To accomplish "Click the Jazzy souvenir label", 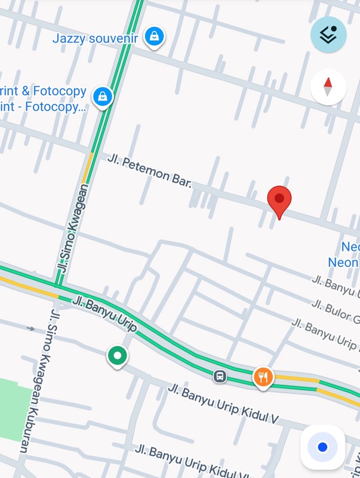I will coord(95,38).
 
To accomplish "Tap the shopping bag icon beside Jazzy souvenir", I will coord(155,36).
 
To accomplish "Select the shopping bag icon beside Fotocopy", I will coord(103,96).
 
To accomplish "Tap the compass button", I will coord(328,87).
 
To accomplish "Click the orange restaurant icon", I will coord(263,376).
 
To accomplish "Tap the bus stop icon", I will coord(220,376).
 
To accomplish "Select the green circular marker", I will coord(117,356).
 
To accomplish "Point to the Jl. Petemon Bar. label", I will coord(149,170).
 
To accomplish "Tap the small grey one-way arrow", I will coord(31,328).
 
